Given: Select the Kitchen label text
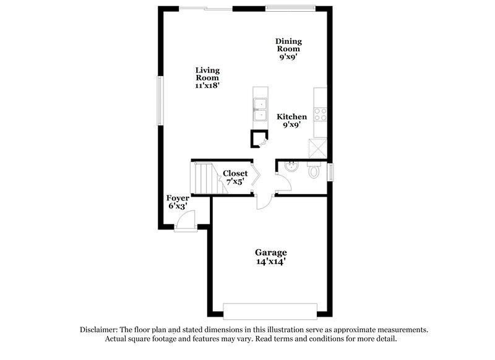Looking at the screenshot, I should pos(291,117).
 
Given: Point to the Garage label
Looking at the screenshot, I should pos(271,252).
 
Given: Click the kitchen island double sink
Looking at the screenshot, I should pos(260,109).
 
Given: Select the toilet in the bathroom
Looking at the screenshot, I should pos(315,171).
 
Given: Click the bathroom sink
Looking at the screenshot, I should pos(290,166).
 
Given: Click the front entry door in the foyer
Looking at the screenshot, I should pos(184,221).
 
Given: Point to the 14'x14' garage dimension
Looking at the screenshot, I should pos(271,262).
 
